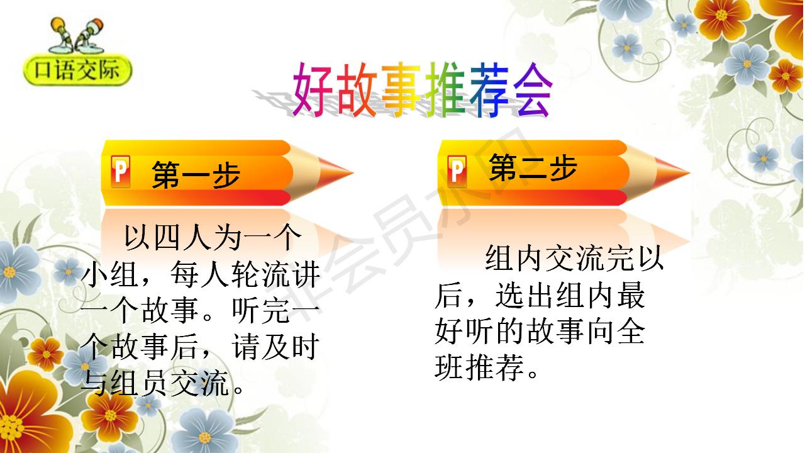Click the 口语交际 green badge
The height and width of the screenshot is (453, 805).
coord(78,71)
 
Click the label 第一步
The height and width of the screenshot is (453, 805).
coord(196,175)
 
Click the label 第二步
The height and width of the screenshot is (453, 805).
coord(533,168)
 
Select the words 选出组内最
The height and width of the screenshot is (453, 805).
coord(570,296)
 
